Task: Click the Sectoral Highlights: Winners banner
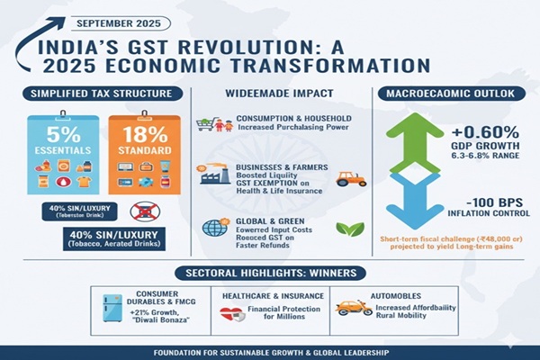click(269, 271)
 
